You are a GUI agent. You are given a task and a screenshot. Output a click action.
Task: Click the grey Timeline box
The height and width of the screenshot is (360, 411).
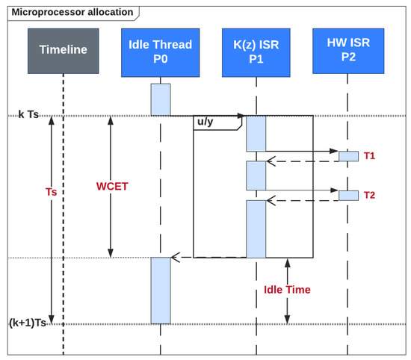[x=64, y=51]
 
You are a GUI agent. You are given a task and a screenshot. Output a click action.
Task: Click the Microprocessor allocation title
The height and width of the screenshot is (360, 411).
[x=72, y=12]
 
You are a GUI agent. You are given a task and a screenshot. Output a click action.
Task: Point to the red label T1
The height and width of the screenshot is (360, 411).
[x=370, y=156]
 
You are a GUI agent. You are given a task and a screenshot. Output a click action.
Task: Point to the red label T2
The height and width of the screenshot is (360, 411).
[x=370, y=195]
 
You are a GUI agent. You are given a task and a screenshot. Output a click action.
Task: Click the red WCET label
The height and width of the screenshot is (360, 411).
[x=111, y=184]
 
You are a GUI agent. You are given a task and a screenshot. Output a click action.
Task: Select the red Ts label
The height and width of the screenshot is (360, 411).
[x=52, y=192]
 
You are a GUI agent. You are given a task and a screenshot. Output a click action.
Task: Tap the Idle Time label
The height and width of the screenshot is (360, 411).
[x=288, y=290]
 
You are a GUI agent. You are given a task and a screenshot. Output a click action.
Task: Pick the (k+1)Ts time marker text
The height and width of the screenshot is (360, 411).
[x=29, y=323]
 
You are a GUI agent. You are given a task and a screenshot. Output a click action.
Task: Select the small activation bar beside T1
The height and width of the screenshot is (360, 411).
[x=348, y=156]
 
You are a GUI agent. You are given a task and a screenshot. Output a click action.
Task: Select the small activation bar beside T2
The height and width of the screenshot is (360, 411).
[x=348, y=195]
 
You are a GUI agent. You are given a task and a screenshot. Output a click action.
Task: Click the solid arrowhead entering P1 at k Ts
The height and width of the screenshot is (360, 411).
[x=241, y=116]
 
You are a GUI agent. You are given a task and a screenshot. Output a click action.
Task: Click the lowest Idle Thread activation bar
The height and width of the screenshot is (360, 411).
[x=161, y=290]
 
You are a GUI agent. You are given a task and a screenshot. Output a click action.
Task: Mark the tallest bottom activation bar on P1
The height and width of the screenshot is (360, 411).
[x=256, y=229]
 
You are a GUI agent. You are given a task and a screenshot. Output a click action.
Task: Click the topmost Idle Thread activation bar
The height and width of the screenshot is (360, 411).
[x=161, y=99]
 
